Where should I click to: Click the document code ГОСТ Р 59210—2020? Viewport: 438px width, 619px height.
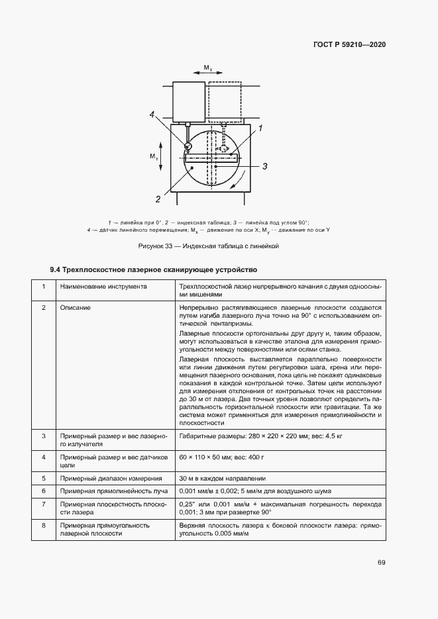[349, 44]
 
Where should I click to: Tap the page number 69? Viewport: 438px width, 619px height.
[382, 563]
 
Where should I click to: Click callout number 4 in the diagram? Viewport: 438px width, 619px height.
[152, 115]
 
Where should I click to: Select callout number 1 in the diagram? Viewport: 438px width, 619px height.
[261, 128]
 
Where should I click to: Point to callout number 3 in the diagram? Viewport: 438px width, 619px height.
[264, 166]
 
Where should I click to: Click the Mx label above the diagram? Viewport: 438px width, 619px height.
[207, 68]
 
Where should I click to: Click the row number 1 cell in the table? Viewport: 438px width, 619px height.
[44, 287]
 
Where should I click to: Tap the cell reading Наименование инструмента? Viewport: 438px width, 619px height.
[103, 287]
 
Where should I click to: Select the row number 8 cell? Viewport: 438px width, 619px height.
[44, 525]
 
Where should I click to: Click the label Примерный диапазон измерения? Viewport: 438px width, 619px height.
[111, 477]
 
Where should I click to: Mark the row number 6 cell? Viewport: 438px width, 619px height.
[44, 491]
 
